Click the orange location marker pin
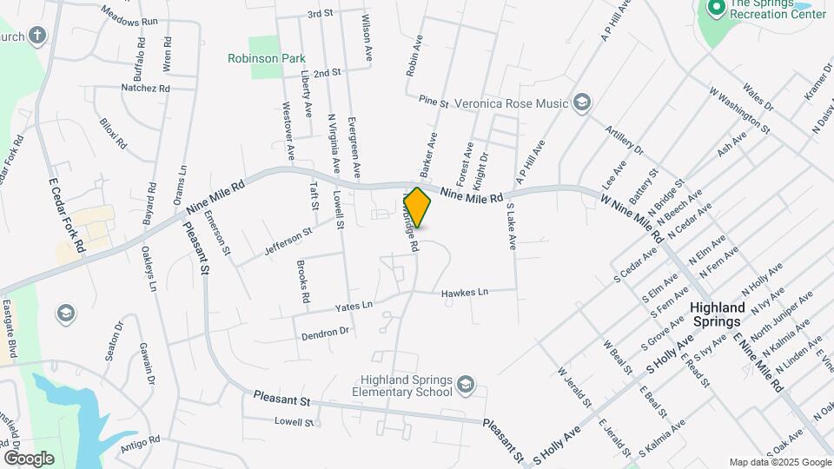tap(417, 208)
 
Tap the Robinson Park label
tap(267, 58)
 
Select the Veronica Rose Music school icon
tap(582, 103)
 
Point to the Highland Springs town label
tap(718, 314)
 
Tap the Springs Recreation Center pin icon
tap(717, 10)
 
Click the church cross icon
tap(36, 36)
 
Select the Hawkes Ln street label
tap(465, 292)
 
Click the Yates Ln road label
tap(354, 306)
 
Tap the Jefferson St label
tap(288, 235)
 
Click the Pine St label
tap(432, 102)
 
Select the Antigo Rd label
tap(142, 441)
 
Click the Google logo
tap(29, 458)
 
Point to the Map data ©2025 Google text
tap(778, 462)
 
